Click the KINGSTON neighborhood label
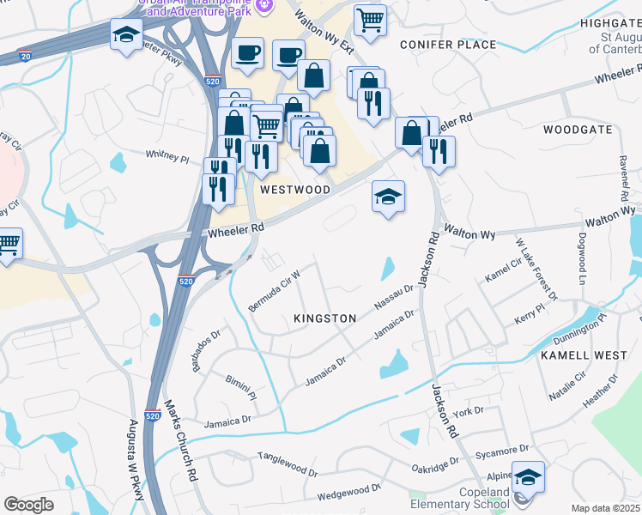(324, 318)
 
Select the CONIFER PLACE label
(447, 45)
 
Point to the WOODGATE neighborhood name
(578, 130)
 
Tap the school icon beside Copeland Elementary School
(528, 476)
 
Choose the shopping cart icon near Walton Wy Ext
(369, 19)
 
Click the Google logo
(28, 505)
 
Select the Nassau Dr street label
(394, 298)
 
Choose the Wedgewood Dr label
(348, 492)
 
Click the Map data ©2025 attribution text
(606, 508)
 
